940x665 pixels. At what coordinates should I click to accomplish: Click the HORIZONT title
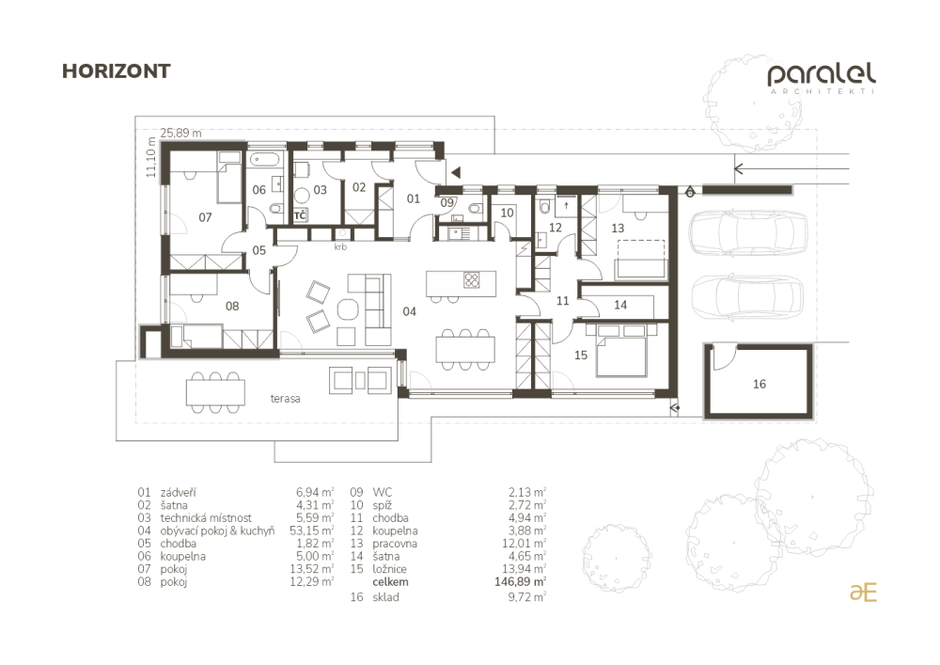pos(117,71)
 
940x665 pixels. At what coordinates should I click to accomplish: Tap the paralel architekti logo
pos(822,79)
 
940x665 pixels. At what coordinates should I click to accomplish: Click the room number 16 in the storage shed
pos(760,384)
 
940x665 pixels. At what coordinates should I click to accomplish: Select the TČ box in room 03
pos(301,215)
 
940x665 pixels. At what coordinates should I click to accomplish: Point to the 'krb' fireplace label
pos(340,246)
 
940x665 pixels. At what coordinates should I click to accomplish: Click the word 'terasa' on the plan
pos(285,398)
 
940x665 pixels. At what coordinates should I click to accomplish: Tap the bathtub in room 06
pos(264,160)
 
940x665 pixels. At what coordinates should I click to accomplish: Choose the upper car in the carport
pos(749,232)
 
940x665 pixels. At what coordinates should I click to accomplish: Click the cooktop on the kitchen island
pos(472,280)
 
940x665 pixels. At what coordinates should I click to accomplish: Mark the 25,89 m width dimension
pos(180,133)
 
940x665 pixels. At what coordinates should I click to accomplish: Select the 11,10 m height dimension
pos(150,157)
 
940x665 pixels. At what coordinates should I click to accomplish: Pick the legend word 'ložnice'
pos(389,569)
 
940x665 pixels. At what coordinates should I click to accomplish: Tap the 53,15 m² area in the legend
pos(311,530)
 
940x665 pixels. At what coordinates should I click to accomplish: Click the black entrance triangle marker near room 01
pos(456,173)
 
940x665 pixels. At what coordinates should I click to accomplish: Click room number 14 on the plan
pos(620,305)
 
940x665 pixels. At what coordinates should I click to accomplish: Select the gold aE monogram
pos(863,593)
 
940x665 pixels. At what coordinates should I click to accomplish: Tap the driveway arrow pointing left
pos(791,168)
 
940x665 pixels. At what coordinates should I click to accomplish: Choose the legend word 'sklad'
pos(385,597)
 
